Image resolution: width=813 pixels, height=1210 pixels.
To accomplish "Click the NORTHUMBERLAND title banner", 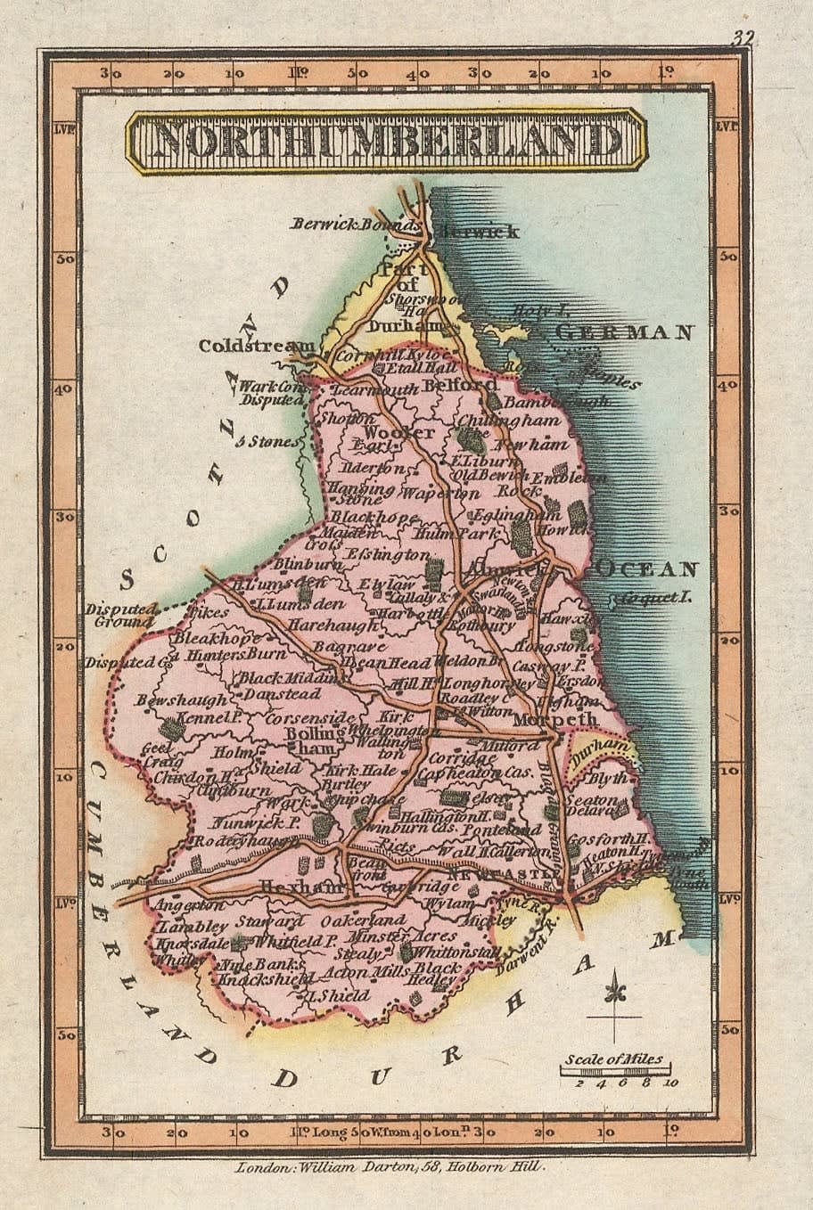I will click(384, 141).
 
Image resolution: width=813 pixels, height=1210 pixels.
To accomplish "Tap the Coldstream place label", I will click(257, 346).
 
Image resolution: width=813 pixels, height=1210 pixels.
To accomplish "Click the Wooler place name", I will click(387, 432).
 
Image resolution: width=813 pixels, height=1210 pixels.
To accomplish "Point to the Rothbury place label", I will click(482, 625).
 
